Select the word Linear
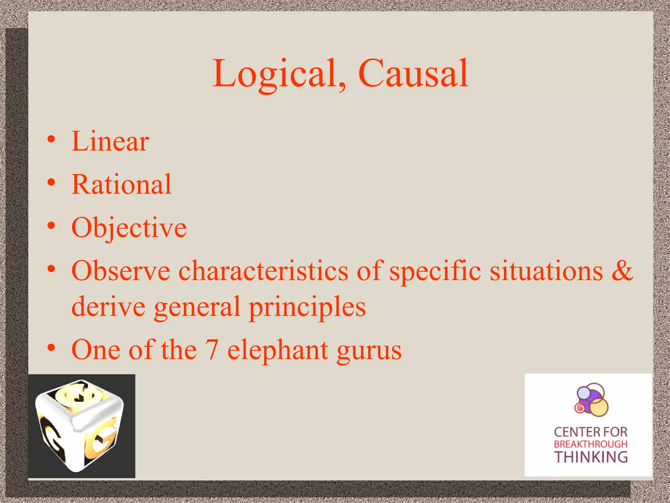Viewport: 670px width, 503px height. [110, 141]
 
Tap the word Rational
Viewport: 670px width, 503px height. [121, 184]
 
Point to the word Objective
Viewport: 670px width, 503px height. [129, 228]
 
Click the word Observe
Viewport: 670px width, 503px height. [121, 271]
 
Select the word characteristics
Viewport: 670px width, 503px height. [263, 271]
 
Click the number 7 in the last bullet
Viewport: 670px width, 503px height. [212, 350]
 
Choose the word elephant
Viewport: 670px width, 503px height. [278, 350]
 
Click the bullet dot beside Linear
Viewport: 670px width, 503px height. [51, 140]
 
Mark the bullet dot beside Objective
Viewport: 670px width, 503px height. [51, 226]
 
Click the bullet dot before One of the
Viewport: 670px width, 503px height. [51, 348]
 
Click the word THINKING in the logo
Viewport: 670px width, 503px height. [591, 457]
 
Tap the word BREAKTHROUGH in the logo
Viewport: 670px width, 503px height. [591, 444]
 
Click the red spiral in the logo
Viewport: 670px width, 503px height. [580, 408]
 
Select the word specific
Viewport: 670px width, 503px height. [435, 271]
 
